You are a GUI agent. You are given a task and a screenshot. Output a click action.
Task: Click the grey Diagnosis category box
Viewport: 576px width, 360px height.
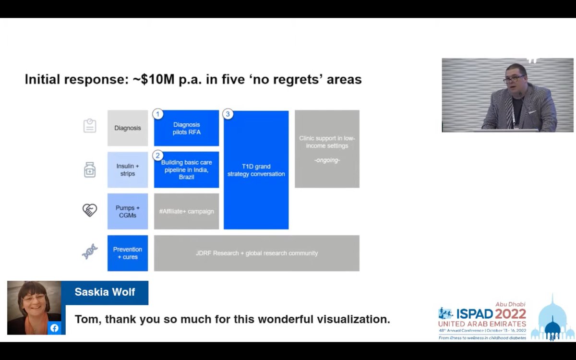tap(128, 128)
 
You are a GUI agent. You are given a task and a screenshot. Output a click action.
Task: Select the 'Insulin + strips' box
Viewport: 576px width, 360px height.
tap(128, 170)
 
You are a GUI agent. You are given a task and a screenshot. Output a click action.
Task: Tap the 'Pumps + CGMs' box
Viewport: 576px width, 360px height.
tap(128, 211)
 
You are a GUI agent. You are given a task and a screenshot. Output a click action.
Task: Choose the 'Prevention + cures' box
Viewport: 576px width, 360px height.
tap(128, 253)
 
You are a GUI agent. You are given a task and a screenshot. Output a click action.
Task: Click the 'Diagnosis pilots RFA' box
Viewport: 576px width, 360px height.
tap(186, 128)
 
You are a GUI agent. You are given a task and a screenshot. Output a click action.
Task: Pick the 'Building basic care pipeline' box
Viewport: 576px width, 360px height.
tap(186, 170)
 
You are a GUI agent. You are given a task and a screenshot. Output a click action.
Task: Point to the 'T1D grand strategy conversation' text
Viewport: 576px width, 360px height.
tap(256, 170)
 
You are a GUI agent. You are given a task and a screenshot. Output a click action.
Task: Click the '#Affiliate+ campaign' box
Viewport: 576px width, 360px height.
tap(186, 211)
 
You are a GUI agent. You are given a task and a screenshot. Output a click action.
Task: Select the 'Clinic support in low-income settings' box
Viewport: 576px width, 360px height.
tap(327, 149)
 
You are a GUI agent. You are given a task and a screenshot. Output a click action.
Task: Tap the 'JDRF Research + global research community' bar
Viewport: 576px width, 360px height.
tap(257, 253)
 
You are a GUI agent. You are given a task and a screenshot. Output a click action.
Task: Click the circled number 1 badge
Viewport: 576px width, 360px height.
tap(158, 114)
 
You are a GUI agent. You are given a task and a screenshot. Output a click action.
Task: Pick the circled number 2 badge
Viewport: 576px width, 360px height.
tap(158, 156)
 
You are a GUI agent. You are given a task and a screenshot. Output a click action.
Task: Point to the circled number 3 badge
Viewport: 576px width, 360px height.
tap(228, 114)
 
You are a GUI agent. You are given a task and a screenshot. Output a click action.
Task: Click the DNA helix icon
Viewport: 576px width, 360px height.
tap(90, 252)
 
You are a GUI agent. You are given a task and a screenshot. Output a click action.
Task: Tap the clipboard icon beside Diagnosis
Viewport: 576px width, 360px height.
tap(90, 126)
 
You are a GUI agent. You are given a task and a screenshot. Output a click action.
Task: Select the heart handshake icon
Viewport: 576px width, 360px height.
tap(90, 210)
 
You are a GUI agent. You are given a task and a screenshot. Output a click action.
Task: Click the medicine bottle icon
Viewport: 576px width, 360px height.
tap(90, 170)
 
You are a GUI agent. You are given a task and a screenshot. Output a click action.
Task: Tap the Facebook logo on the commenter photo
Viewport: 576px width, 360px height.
tap(54, 328)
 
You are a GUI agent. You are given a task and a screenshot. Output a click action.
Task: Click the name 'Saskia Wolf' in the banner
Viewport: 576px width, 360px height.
tap(105, 292)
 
